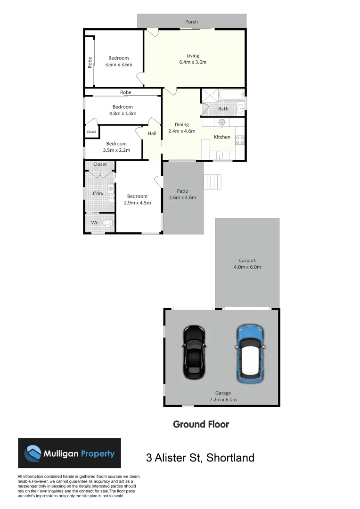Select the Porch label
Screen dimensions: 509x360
(x=191, y=22)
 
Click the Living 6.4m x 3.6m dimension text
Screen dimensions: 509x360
(x=193, y=62)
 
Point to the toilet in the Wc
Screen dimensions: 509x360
(x=108, y=223)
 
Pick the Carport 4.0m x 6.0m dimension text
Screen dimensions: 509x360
(x=247, y=267)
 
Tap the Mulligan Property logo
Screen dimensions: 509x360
(x=69, y=453)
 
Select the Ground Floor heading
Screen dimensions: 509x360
(x=201, y=424)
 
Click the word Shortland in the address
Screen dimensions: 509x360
(x=231, y=458)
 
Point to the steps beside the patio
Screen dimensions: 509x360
(x=213, y=181)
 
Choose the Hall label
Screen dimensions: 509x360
(x=152, y=134)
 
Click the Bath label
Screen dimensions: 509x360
(x=223, y=109)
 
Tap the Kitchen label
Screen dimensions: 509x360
(x=222, y=137)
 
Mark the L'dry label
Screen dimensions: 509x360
(x=98, y=194)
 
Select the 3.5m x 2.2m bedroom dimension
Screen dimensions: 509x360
(x=116, y=150)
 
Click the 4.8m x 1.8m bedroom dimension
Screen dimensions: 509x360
(x=123, y=113)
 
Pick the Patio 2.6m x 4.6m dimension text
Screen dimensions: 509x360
(x=182, y=197)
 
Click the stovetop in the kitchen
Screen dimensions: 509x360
(x=239, y=140)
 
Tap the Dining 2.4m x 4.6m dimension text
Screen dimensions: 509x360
(x=182, y=131)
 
